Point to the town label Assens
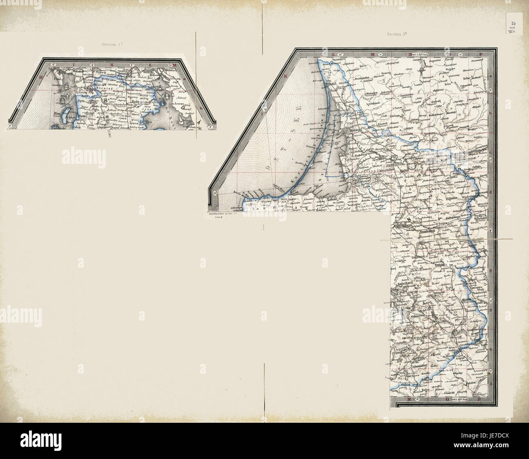tap(179, 104)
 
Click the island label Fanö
tap(57, 76)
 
